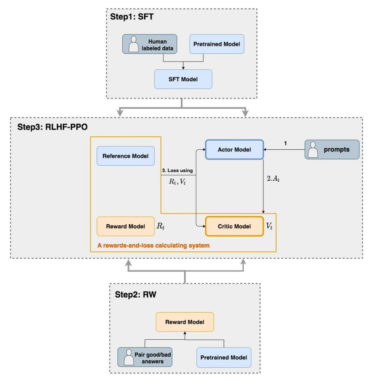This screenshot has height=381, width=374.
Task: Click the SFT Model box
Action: pos(183,79)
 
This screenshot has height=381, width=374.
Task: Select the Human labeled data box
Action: pos(149,44)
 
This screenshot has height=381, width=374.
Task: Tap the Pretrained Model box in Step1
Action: pos(217,44)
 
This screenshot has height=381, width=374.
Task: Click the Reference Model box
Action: pos(126,156)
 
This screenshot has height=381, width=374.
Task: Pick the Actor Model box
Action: pos(234,149)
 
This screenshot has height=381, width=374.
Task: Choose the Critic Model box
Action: pos(234,226)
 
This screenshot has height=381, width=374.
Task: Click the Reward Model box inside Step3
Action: pos(126,226)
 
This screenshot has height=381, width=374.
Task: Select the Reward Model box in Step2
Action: pos(185,322)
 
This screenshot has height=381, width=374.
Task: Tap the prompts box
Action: pos(332,149)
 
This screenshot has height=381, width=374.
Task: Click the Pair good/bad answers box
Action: pos(145,357)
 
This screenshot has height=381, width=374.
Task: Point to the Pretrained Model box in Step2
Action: pos(224,357)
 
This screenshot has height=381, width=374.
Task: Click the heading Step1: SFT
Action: pos(132,17)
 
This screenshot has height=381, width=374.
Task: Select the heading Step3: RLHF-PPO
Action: pos(52,127)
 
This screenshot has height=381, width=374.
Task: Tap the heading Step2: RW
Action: pos(135,295)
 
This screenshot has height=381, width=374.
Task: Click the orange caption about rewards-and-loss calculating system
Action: pos(153,245)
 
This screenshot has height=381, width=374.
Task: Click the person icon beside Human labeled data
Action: pos(134,44)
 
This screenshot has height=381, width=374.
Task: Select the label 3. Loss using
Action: pos(177,170)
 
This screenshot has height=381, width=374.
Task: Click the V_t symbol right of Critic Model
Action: pos(269,226)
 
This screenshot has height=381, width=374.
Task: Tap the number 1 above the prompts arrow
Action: pos(285,143)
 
